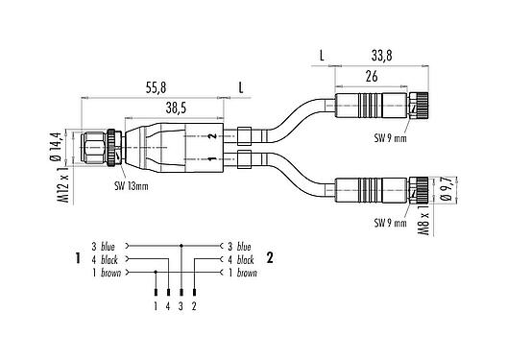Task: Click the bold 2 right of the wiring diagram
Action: (271, 259)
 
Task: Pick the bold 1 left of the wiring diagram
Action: (75, 259)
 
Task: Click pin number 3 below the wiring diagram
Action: (181, 306)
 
